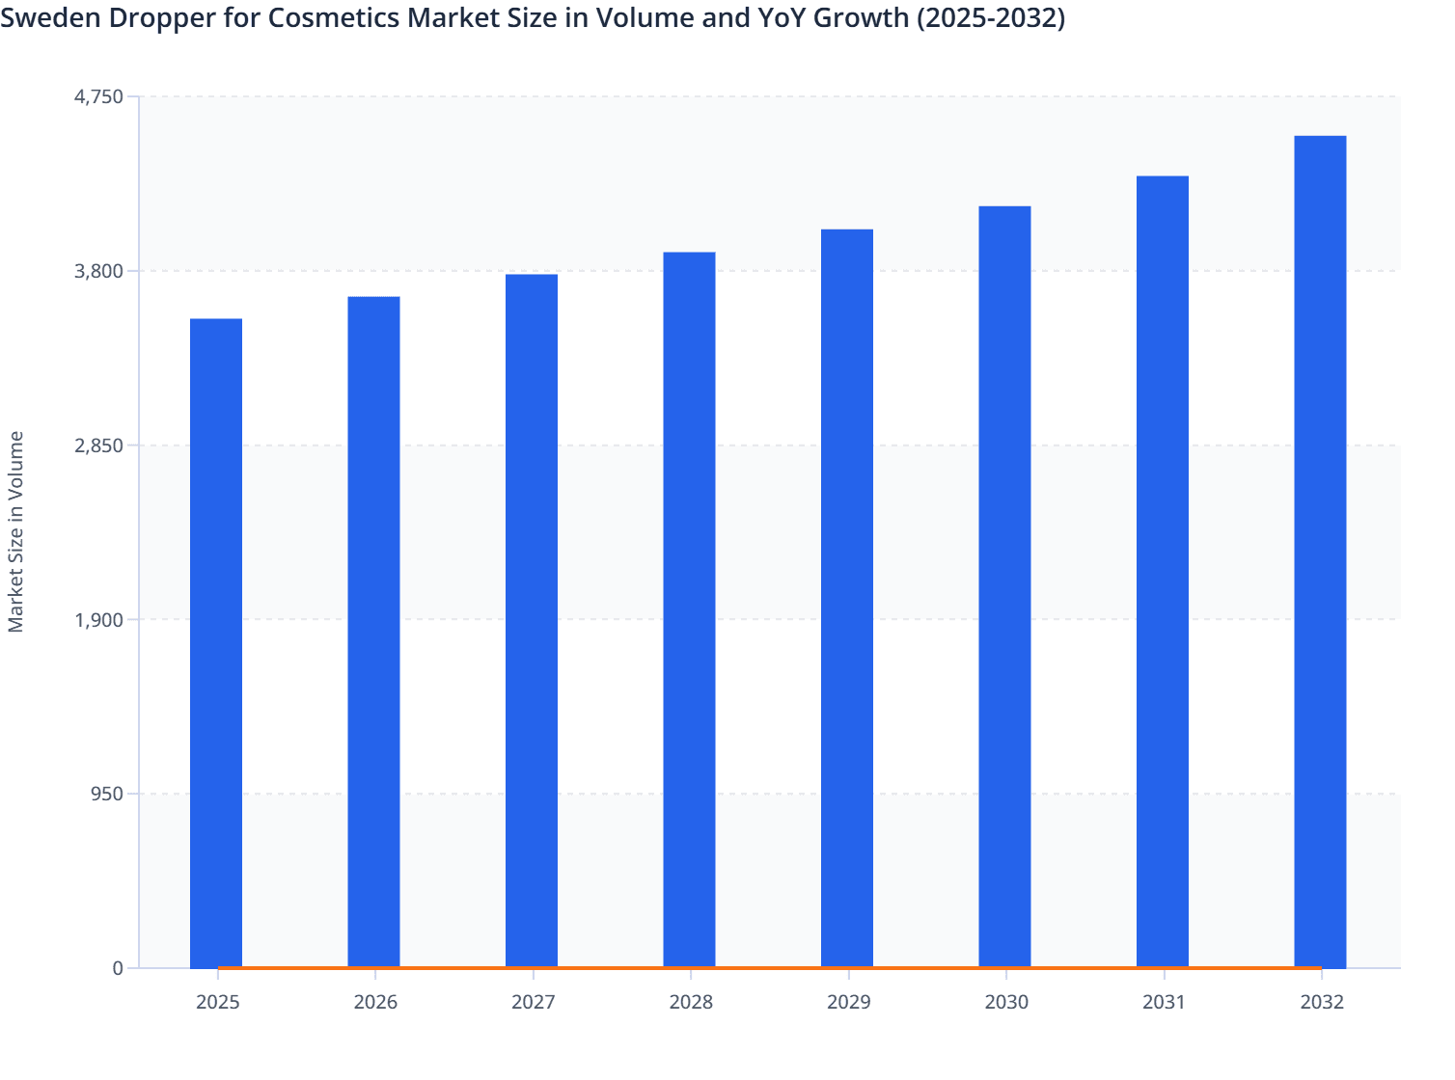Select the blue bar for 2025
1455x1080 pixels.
(x=216, y=642)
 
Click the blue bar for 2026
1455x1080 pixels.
(x=373, y=632)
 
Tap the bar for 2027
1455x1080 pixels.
(x=532, y=620)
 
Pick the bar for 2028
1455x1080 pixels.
(x=689, y=609)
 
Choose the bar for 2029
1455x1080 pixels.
(x=847, y=598)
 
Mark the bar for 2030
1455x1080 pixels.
(x=1004, y=586)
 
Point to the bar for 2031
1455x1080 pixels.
(x=1163, y=571)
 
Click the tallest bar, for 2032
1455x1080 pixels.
(x=1320, y=552)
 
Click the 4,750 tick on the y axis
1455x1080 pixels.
(x=99, y=96)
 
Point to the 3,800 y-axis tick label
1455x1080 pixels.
(x=99, y=271)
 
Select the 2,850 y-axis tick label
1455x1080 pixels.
(x=99, y=445)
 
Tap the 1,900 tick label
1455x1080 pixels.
(x=99, y=620)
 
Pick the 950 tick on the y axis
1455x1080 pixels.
(x=106, y=795)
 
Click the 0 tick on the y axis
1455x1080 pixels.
(x=118, y=968)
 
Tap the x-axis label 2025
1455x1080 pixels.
(x=217, y=1003)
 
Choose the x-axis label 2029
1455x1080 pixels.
(x=848, y=1003)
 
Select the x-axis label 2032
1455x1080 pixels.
(x=1321, y=1003)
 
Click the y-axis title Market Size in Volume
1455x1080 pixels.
(x=15, y=531)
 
